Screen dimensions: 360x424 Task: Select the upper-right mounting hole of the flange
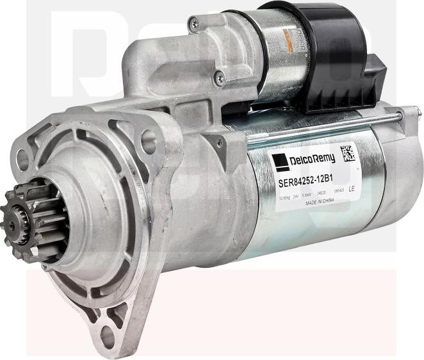coord(149,137)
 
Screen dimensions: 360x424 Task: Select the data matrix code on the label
coord(347,153)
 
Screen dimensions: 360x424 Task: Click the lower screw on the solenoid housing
coord(220,78)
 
